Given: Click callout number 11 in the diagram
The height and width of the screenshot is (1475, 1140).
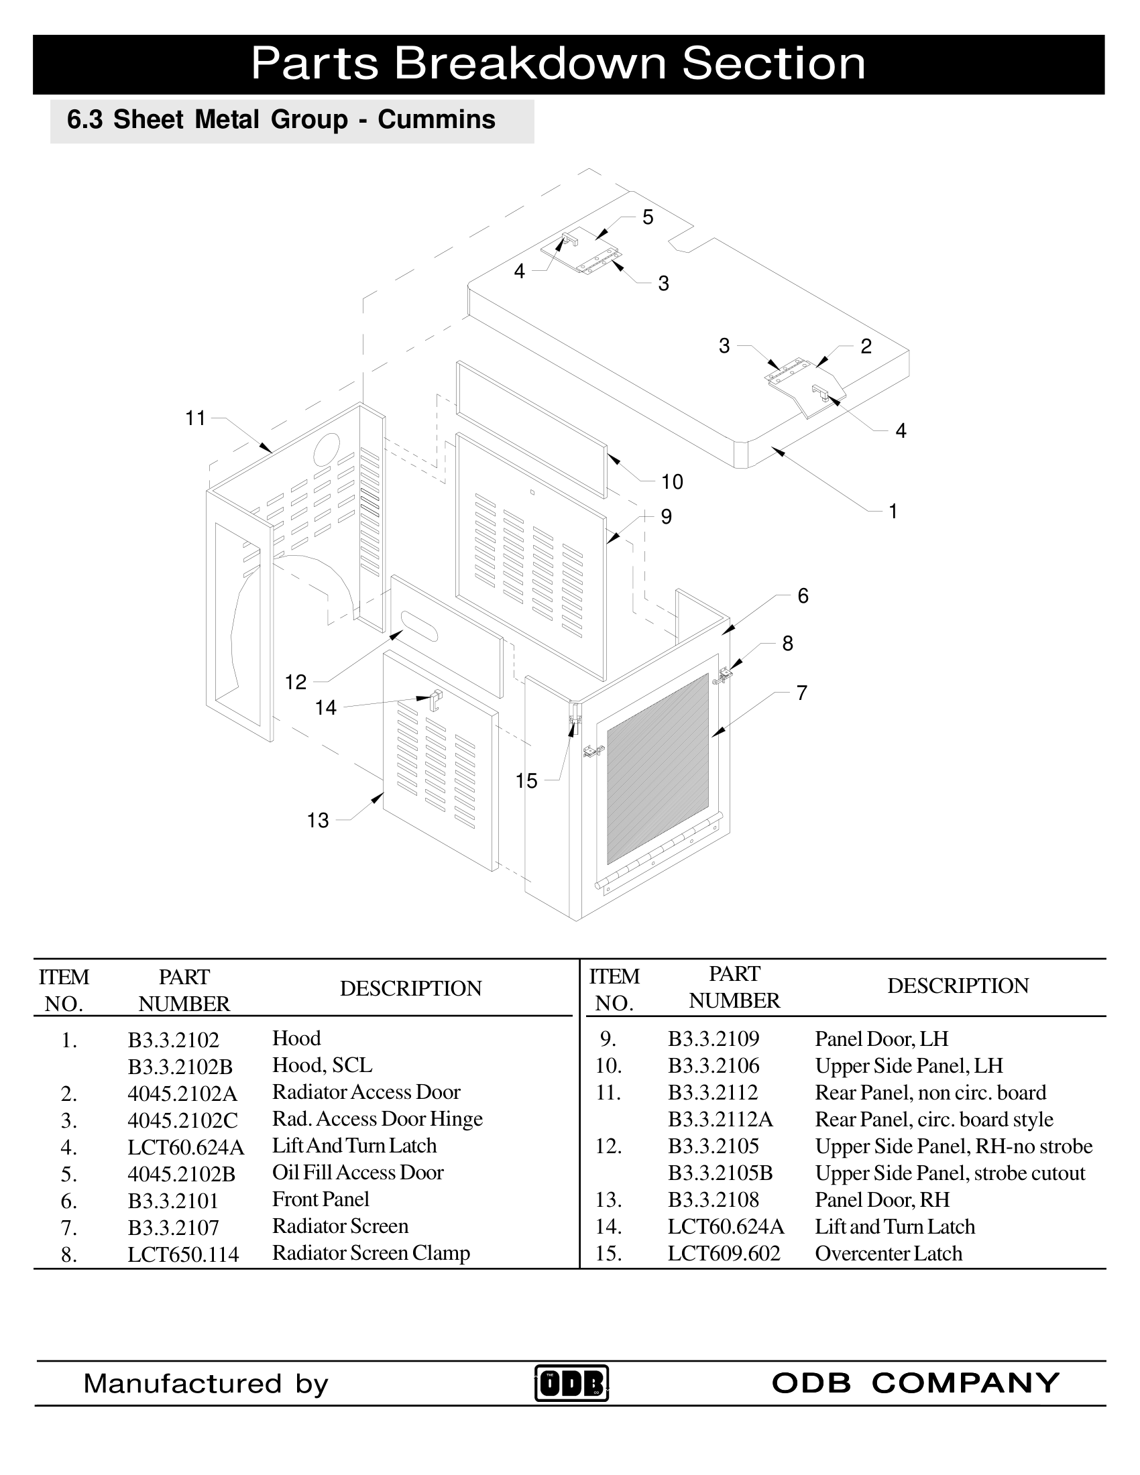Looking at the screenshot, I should [x=195, y=419].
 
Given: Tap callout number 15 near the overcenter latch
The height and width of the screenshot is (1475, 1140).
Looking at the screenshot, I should [x=526, y=780].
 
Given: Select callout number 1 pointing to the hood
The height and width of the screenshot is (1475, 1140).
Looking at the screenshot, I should [x=893, y=512].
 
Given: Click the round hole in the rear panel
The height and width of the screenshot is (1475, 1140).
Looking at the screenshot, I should [x=326, y=448].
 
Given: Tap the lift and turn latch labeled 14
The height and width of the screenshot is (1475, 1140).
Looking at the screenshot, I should [x=437, y=699].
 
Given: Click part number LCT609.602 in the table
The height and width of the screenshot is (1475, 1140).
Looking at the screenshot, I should [x=724, y=1254].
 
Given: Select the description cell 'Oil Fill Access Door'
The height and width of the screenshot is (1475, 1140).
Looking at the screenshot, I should [x=357, y=1173].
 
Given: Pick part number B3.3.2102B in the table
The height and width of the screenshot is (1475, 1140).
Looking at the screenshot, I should [x=180, y=1067].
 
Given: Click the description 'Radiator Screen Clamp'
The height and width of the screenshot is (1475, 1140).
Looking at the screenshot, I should [x=371, y=1253].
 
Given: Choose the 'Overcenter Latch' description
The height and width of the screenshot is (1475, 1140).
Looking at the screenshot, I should [x=888, y=1254].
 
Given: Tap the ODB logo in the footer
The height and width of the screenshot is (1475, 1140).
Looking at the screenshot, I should [x=571, y=1383].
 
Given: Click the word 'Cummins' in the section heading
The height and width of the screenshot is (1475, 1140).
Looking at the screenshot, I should [x=437, y=119].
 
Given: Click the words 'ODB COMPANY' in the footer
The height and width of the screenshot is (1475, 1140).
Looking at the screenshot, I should [x=915, y=1382].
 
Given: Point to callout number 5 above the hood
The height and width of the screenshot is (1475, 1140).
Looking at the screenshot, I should [x=648, y=217].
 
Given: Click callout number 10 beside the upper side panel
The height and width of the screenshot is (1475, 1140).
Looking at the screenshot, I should [x=672, y=481].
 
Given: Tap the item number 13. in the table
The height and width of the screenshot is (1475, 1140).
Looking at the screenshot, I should [x=608, y=1200].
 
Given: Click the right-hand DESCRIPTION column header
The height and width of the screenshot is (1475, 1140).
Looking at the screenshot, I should [x=957, y=986].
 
